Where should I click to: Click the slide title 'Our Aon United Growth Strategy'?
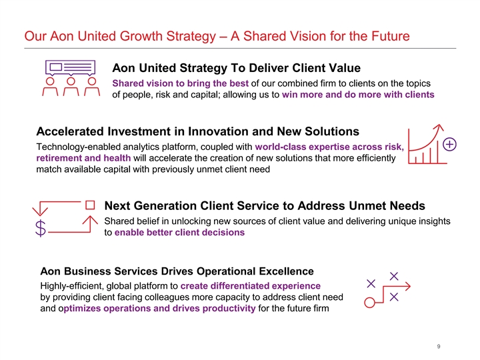click(x=120, y=37)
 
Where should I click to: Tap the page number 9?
click(x=439, y=347)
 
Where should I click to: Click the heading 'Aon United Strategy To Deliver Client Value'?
click(x=236, y=68)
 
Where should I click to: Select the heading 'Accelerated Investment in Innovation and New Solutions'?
click(x=197, y=131)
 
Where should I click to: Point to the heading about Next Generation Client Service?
click(x=265, y=206)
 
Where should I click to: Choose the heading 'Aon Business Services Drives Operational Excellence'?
click(x=177, y=271)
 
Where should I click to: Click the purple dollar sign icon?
click(x=41, y=229)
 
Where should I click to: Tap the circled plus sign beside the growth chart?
click(x=449, y=145)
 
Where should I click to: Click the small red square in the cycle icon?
click(x=90, y=205)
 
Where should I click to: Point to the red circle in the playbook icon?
click(x=369, y=303)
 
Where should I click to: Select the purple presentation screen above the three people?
click(x=71, y=67)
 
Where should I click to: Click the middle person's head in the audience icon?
click(x=71, y=81)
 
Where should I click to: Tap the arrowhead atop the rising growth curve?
click(x=440, y=127)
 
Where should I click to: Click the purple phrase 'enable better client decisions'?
click(x=180, y=233)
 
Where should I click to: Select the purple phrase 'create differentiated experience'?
click(x=251, y=286)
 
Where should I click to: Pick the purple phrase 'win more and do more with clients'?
click(x=358, y=95)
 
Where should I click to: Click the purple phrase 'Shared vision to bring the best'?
click(x=180, y=83)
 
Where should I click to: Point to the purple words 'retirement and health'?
click(x=83, y=158)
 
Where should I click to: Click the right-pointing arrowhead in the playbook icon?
click(x=408, y=287)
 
